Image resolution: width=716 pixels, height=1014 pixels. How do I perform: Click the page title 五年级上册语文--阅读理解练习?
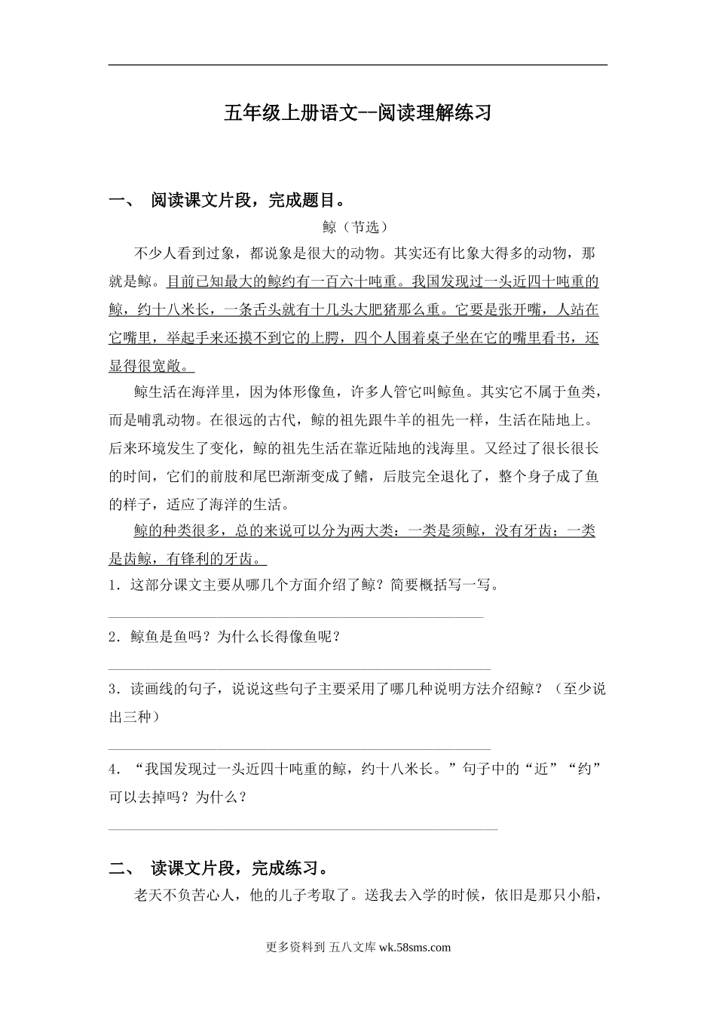[358, 113]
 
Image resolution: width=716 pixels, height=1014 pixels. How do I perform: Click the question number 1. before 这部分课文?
[115, 585]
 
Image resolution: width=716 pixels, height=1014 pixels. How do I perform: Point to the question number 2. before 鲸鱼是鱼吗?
[115, 637]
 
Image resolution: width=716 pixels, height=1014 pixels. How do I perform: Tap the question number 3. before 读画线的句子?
[115, 689]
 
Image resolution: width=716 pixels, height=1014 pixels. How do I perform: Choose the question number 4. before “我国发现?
[115, 770]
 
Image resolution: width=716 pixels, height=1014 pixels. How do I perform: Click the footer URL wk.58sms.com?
[415, 948]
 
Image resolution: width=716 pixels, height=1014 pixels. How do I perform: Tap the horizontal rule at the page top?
[358, 65]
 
